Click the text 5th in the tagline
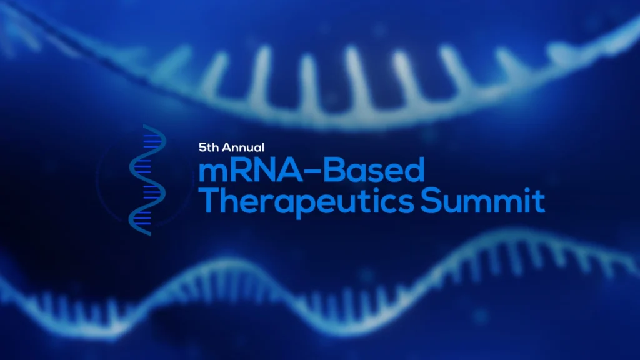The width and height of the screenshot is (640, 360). point(209,147)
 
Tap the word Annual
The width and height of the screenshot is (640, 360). point(243,147)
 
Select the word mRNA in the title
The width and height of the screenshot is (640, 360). point(250,170)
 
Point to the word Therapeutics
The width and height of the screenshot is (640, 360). point(306,202)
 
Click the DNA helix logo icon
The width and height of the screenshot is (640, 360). point(147,180)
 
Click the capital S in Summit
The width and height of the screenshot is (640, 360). point(430,201)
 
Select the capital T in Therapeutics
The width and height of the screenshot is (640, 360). point(209,201)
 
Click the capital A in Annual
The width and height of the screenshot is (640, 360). point(226,147)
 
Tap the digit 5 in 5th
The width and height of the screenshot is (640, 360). point(202,147)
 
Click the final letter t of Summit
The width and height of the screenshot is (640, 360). point(540,201)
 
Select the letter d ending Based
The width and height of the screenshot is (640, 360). point(416,170)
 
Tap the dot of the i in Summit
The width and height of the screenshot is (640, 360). point(530,191)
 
